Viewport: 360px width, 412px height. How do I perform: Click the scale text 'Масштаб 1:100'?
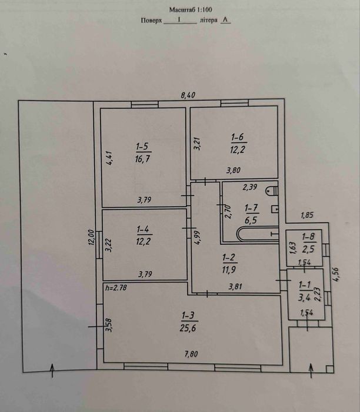pyautogui.click(x=191, y=10)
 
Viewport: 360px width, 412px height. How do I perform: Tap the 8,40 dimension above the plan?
pyautogui.click(x=188, y=95)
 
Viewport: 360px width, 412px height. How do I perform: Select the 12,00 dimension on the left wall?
pyautogui.click(x=91, y=237)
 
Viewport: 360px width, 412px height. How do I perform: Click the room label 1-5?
pyautogui.click(x=142, y=147)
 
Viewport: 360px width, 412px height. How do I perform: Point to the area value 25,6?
pyautogui.click(x=188, y=328)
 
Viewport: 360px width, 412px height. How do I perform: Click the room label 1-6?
pyautogui.click(x=238, y=137)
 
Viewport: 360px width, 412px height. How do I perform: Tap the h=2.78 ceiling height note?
pyautogui.click(x=116, y=288)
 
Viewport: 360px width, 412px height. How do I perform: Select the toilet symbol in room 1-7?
pyautogui.click(x=272, y=191)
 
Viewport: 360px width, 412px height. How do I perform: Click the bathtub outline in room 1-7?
pyautogui.click(x=257, y=234)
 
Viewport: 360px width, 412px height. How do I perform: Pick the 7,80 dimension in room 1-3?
pyautogui.click(x=191, y=354)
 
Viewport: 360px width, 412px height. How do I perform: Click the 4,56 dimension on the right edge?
pyautogui.click(x=336, y=275)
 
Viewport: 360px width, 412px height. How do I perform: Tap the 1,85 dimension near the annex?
pyautogui.click(x=307, y=215)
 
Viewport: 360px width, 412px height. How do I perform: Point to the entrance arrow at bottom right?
pyautogui.click(x=311, y=370)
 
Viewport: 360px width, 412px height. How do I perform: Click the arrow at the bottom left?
pyautogui.click(x=52, y=370)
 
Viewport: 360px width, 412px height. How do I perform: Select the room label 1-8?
pyautogui.click(x=308, y=237)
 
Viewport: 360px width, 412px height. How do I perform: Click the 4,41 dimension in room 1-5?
pyautogui.click(x=109, y=158)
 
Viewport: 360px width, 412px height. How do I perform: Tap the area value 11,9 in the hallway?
pyautogui.click(x=229, y=270)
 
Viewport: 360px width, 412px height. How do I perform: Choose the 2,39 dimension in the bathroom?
pyautogui.click(x=250, y=187)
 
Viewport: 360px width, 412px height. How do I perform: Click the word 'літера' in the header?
pyautogui.click(x=208, y=20)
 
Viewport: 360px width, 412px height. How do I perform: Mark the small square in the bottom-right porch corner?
pyautogui.click(x=330, y=369)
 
